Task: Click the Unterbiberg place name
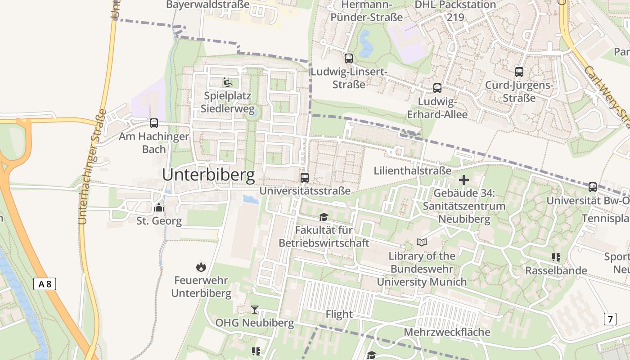pyautogui.click(x=208, y=175)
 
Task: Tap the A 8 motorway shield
pyautogui.click(x=45, y=284)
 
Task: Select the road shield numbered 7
pyautogui.click(x=610, y=319)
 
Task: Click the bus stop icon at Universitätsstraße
pyautogui.click(x=305, y=177)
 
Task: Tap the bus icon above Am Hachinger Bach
pyautogui.click(x=154, y=123)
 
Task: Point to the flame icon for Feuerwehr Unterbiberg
pyautogui.click(x=201, y=267)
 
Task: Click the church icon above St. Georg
pyautogui.click(x=158, y=207)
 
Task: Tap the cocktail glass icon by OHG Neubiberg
pyautogui.click(x=255, y=309)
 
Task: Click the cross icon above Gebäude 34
pyautogui.click(x=464, y=180)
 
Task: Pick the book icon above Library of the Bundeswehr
pyautogui.click(x=422, y=243)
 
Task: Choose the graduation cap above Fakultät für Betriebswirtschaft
pyautogui.click(x=324, y=217)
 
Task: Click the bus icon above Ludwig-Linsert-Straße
pyautogui.click(x=348, y=58)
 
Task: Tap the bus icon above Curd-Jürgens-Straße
pyautogui.click(x=519, y=72)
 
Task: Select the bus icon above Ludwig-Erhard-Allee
pyautogui.click(x=437, y=88)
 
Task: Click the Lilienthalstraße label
pyautogui.click(x=412, y=171)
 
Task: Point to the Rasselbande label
pyautogui.click(x=556, y=270)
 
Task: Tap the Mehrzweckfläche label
pyautogui.click(x=447, y=332)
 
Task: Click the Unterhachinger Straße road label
pyautogui.click(x=90, y=166)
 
